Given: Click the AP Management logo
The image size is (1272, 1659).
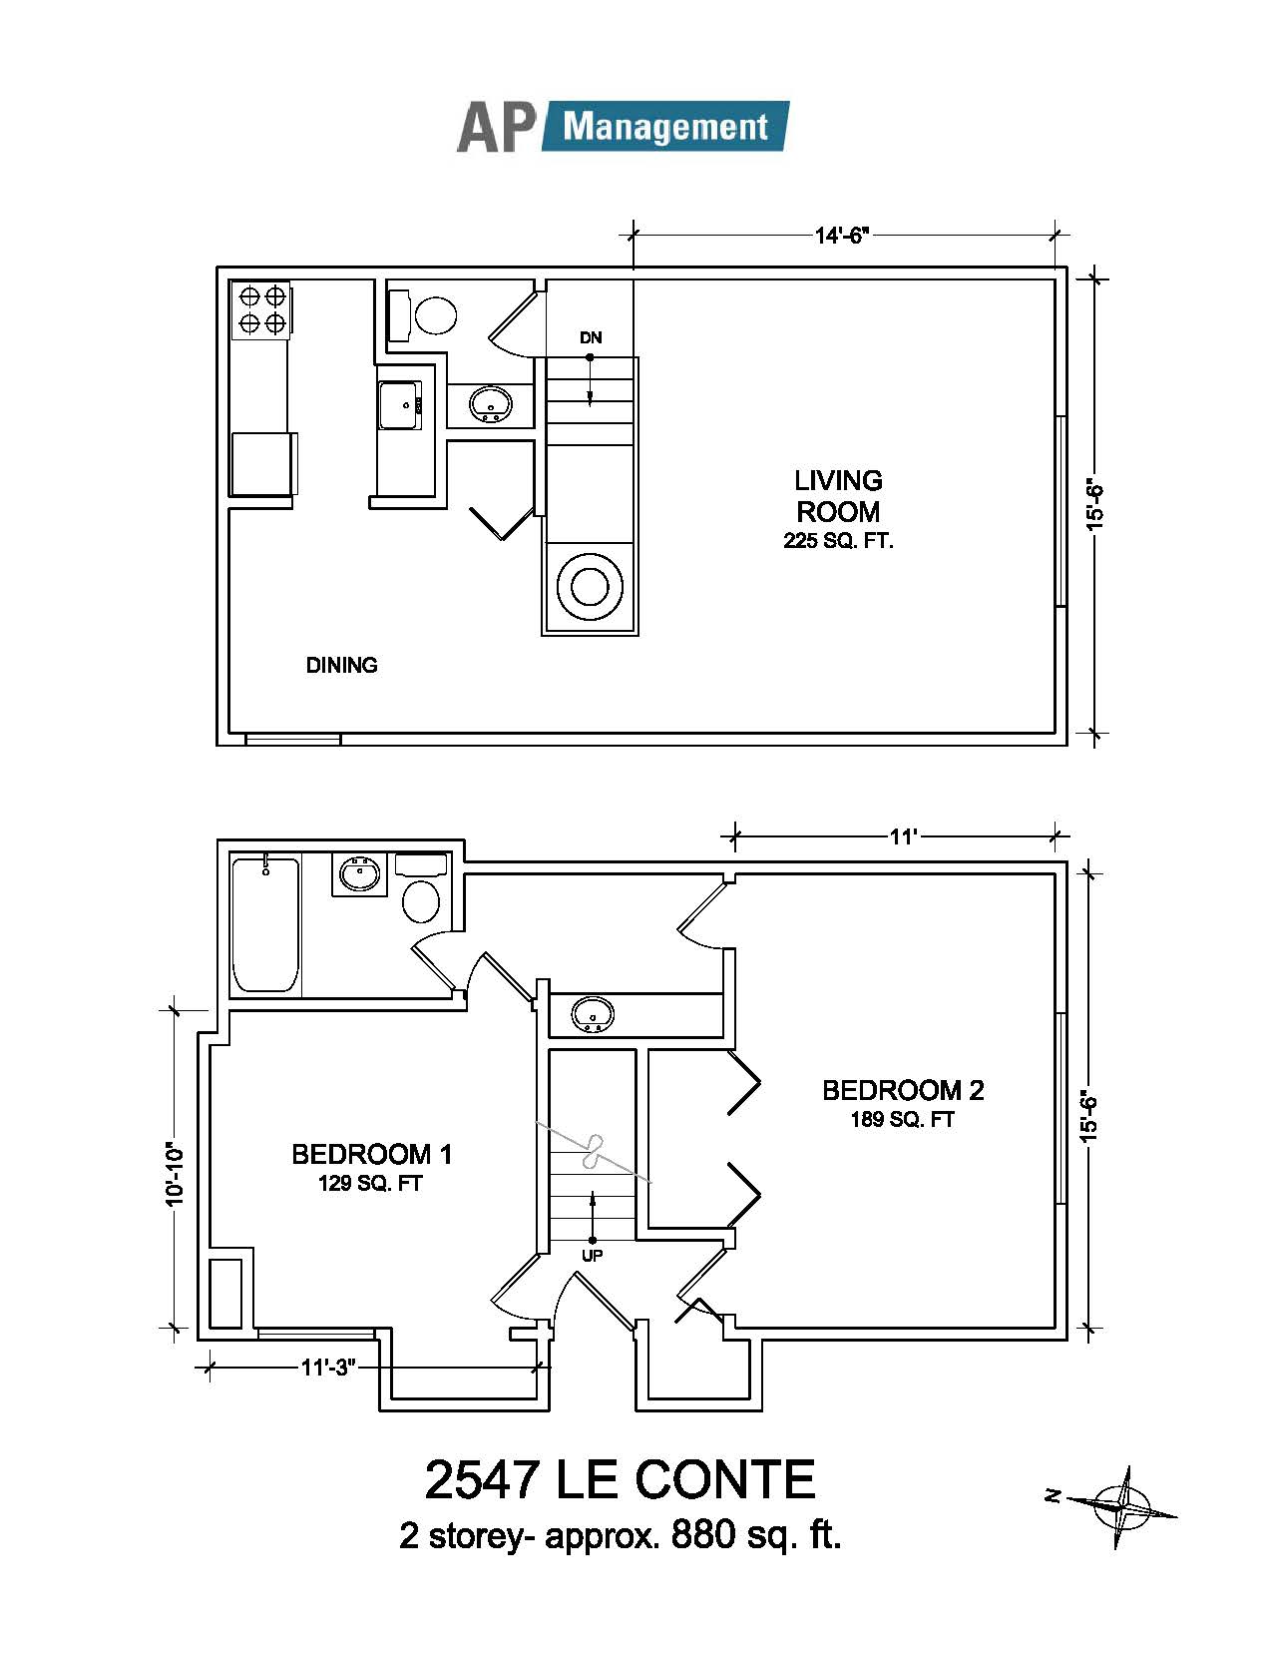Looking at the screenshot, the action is point(623,126).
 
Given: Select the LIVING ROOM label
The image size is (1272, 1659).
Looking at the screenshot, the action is point(838,495).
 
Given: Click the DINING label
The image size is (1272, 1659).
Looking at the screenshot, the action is point(342,665).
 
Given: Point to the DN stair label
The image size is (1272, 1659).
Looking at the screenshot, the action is point(591,337).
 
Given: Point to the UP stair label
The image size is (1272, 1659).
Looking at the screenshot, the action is point(593,1255).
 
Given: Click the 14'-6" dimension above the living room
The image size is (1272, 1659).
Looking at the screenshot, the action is point(842,236).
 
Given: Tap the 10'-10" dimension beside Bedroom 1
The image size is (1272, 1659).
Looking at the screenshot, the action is point(175,1174).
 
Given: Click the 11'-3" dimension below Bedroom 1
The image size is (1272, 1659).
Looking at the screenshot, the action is point(328,1367).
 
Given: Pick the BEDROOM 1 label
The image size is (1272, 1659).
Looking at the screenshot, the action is point(371,1154).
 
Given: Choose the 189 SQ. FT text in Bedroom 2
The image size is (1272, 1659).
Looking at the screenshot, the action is point(903,1119).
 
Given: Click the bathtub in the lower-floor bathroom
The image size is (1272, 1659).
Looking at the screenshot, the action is point(264,925).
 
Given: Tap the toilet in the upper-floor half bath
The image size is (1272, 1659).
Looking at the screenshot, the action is point(426,313).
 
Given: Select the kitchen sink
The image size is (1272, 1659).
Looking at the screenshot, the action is point(399,405).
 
